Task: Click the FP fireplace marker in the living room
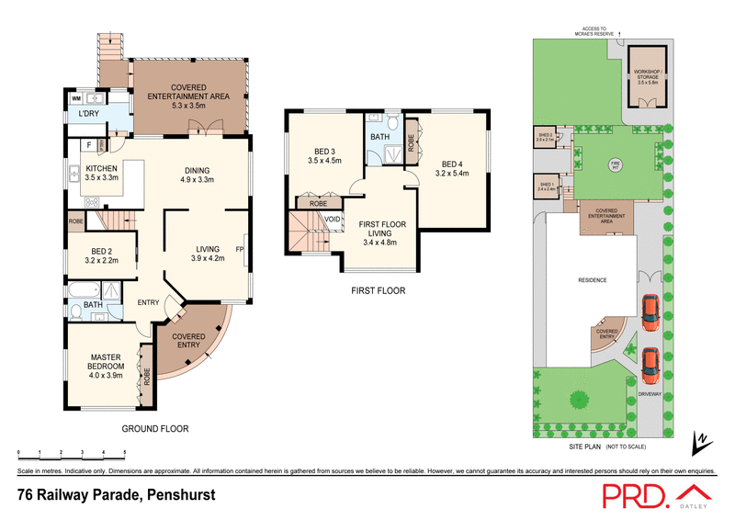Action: (x=239, y=248)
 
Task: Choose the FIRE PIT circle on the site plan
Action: (x=616, y=165)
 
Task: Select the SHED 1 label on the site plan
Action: (x=547, y=187)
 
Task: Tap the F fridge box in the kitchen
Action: (x=88, y=144)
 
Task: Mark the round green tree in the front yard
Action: (x=579, y=400)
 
